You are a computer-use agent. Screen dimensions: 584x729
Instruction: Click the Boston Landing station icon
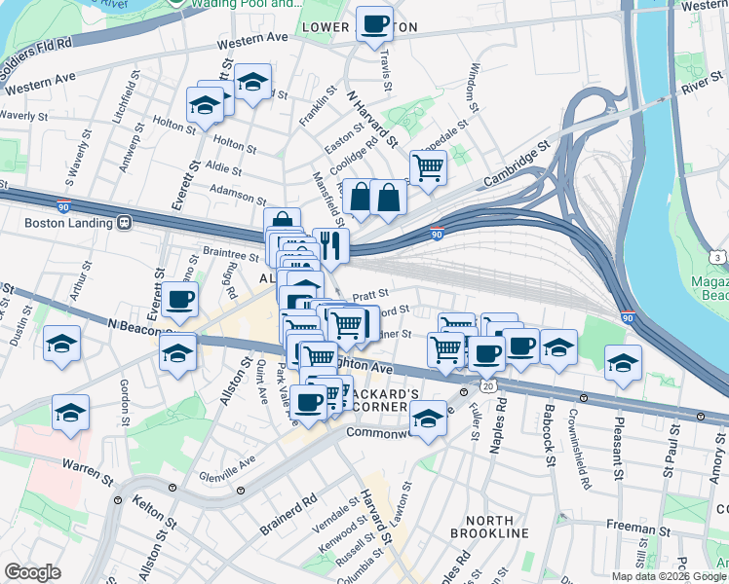[124, 223]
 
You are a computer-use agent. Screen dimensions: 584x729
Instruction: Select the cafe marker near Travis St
[374, 25]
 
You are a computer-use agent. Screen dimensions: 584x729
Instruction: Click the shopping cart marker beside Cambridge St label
[428, 167]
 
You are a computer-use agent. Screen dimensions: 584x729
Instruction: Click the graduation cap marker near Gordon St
[70, 413]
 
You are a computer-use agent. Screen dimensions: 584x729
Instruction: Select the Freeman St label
[634, 530]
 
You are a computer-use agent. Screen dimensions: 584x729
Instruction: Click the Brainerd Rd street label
[288, 516]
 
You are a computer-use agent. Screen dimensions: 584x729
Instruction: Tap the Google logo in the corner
[32, 572]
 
